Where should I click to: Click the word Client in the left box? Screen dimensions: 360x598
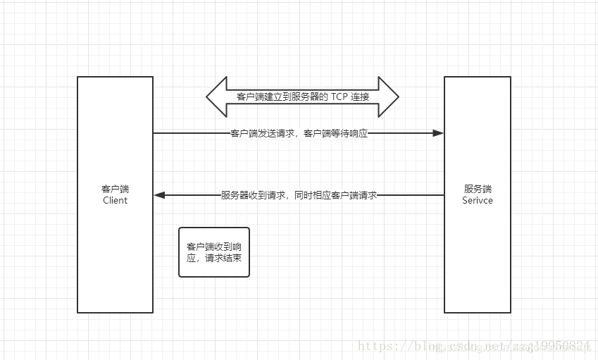pos(116,200)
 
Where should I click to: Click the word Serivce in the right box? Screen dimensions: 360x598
pos(478,200)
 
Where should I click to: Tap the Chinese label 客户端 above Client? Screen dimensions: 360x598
pos(116,189)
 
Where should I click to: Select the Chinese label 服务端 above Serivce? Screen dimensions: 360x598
pos(478,189)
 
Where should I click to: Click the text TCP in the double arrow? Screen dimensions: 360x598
pos(340,97)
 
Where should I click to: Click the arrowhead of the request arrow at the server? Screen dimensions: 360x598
pos(438,132)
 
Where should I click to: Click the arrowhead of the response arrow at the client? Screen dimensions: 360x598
pos(159,195)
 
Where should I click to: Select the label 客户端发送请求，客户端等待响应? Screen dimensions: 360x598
pos(299,133)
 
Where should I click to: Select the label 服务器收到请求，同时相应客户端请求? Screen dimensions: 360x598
pos(299,195)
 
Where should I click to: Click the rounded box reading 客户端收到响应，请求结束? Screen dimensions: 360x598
pos(213,252)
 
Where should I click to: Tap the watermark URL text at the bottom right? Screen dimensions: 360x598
pos(473,346)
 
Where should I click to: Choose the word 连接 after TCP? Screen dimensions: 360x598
pos(360,97)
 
